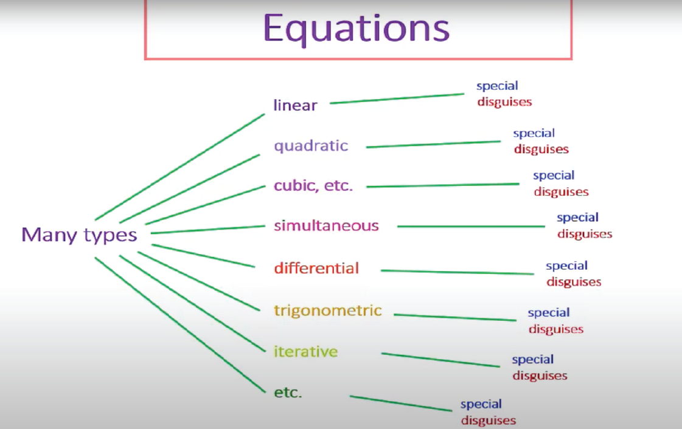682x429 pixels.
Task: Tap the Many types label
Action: point(79,235)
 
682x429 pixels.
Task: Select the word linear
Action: point(295,105)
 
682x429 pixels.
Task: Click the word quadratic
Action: point(311,146)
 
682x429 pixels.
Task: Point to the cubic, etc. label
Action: point(313,185)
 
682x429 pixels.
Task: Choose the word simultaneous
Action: point(326,225)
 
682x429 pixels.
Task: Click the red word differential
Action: point(316,268)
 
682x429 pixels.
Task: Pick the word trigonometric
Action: point(328,311)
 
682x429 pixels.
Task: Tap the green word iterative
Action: point(306,351)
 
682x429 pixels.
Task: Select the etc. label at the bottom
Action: point(288,393)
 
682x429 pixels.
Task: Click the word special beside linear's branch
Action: point(497,86)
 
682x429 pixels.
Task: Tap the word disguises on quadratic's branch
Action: point(541,149)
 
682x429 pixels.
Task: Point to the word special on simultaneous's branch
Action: point(577,218)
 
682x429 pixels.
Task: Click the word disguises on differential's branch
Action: point(574,282)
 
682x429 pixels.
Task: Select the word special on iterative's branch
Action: point(533,360)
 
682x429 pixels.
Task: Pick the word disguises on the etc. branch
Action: point(489,420)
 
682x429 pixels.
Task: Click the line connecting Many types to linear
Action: point(180,166)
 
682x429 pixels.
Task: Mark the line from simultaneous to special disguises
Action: point(471,226)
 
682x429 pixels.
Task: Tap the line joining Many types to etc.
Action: point(180,325)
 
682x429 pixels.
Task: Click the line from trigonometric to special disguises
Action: point(455,317)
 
